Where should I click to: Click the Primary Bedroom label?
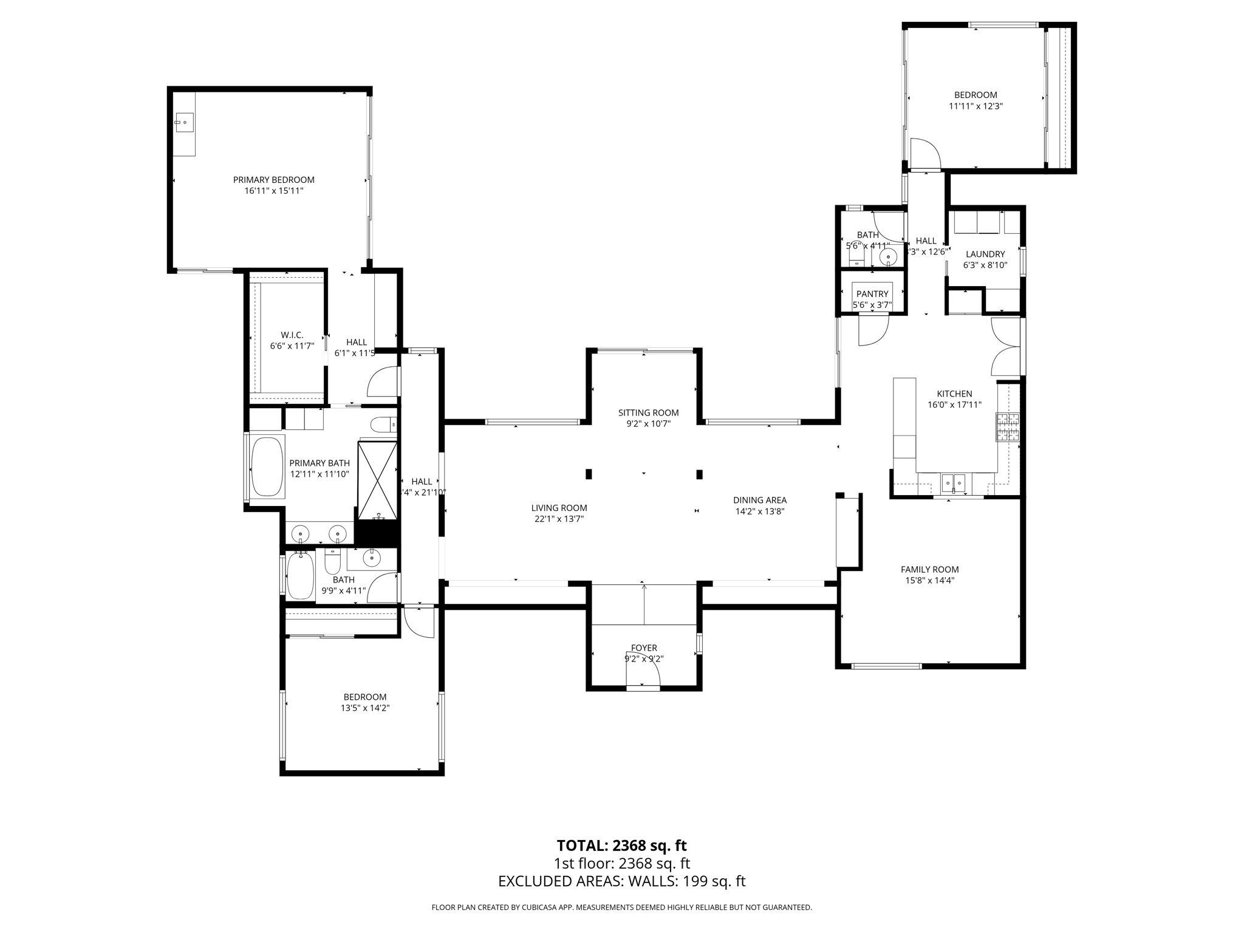click(273, 180)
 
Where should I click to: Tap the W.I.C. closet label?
click(292, 335)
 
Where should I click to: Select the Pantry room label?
click(872, 294)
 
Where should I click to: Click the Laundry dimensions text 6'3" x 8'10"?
click(985, 265)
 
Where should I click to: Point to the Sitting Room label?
click(648, 413)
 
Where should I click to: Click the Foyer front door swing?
click(644, 671)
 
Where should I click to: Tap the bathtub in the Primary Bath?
click(267, 466)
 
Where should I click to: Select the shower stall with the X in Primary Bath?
click(378, 480)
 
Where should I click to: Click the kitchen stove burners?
click(1007, 426)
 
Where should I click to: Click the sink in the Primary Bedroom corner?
click(184, 123)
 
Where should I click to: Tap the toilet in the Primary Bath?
click(382, 425)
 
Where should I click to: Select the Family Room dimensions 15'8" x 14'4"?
click(929, 581)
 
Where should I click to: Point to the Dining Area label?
click(759, 501)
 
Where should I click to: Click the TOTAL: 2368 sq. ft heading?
click(621, 846)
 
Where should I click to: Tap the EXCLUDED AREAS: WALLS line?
click(621, 881)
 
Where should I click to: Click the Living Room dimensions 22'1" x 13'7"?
click(559, 519)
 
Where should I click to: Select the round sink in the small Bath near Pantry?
click(888, 257)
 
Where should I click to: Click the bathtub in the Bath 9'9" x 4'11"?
click(300, 575)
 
